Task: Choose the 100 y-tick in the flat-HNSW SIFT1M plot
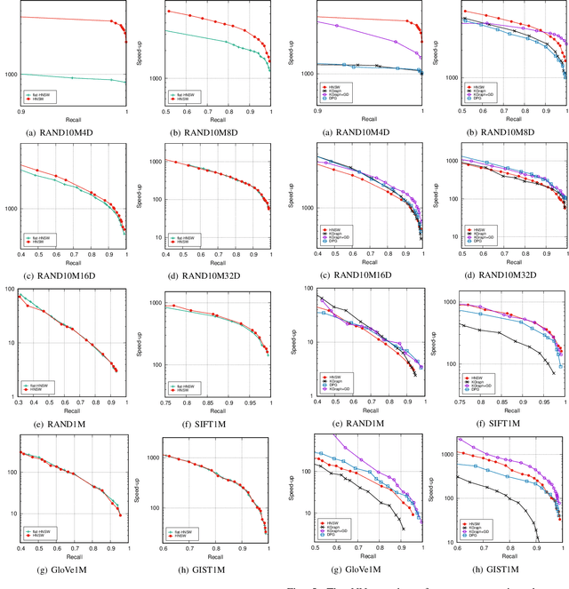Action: pos(155,364)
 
